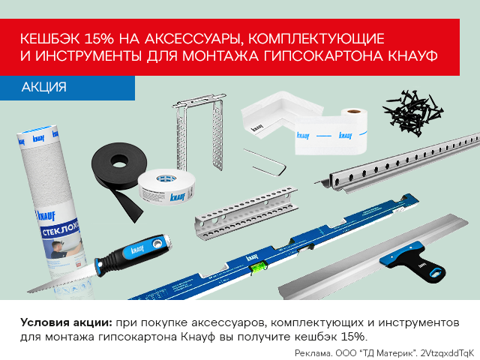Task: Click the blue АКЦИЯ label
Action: pos(43,87)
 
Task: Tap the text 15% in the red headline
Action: pos(98,39)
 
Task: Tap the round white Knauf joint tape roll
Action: pos(166,187)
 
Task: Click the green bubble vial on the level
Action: pos(259,267)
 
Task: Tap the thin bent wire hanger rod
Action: pos(265,163)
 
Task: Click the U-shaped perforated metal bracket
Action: pos(199,132)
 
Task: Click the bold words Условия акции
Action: pos(67,322)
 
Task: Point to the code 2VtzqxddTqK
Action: pos(447,353)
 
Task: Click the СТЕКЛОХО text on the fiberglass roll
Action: pos(60,229)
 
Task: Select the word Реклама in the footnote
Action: pos(313,353)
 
